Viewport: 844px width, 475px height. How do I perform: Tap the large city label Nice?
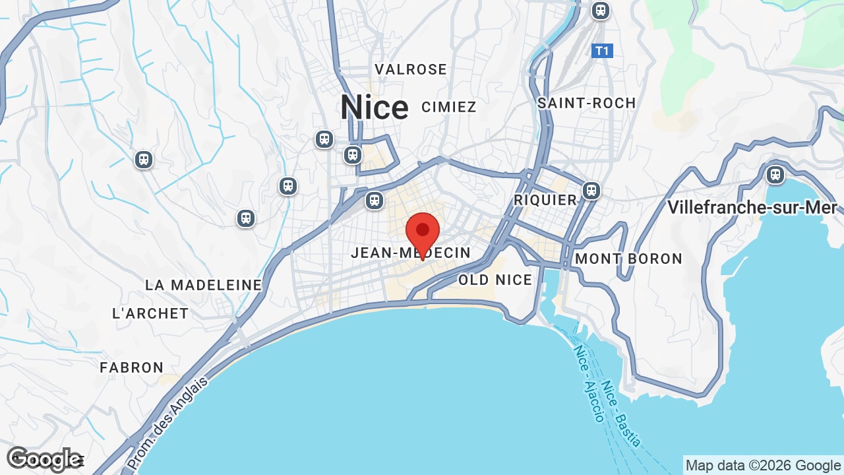click(374, 108)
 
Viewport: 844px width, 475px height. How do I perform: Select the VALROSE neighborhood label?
click(411, 69)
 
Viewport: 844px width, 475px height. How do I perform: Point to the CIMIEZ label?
click(448, 107)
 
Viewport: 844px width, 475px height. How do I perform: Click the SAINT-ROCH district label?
click(586, 103)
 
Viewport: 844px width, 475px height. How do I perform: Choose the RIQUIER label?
click(545, 200)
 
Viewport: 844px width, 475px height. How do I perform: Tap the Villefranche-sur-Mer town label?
click(752, 207)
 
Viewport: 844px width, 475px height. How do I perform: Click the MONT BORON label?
click(628, 259)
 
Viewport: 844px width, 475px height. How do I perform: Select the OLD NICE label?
click(495, 280)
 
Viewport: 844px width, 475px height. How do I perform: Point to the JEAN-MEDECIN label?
click(411, 253)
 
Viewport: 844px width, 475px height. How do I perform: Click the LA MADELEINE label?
click(203, 285)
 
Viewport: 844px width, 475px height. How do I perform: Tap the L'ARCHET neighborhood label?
click(150, 313)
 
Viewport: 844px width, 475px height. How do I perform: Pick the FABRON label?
click(131, 367)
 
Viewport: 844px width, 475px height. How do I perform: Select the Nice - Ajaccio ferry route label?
click(588, 383)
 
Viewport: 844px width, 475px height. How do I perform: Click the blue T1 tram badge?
click(602, 51)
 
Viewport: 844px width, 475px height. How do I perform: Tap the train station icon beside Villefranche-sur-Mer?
click(775, 175)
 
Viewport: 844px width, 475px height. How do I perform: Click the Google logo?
click(44, 459)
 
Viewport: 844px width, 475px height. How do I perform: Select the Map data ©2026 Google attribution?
click(763, 466)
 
